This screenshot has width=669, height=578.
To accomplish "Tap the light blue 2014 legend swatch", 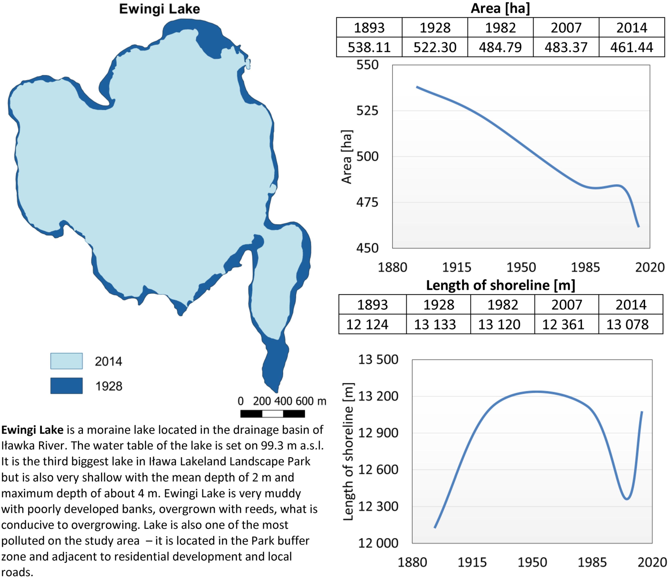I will [66, 361].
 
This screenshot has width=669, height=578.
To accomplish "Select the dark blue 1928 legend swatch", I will [66, 386].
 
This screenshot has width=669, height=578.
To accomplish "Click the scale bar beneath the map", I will [273, 414].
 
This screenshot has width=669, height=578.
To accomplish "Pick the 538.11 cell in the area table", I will [369, 47].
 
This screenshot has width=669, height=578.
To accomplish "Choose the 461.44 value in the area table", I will [632, 47].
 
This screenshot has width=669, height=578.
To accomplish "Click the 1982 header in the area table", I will [500, 28].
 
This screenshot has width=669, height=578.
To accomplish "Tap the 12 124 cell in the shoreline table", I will [367, 324].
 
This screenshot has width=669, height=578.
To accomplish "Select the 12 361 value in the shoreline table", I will [563, 324].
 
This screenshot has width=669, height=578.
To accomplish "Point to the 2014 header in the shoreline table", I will [631, 305].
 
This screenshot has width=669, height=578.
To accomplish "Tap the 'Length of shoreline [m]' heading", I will [500, 285].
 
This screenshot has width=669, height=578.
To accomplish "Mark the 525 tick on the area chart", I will [367, 111].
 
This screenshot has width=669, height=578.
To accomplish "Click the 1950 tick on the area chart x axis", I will [521, 267].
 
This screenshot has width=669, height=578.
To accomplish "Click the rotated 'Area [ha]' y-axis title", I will [346, 157].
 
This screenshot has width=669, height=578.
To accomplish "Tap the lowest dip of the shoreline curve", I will [627, 499].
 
